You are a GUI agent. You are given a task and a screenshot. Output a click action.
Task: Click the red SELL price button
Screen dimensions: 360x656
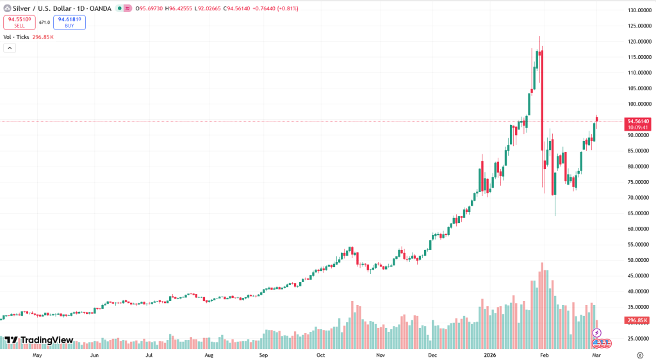[x=19, y=22]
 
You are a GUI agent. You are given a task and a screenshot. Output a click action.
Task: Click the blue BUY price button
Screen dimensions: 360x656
[x=69, y=22]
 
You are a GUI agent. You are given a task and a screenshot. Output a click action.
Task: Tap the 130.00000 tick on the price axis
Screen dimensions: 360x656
[x=639, y=11]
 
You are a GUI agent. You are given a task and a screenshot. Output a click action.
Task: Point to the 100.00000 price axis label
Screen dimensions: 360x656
[x=639, y=104]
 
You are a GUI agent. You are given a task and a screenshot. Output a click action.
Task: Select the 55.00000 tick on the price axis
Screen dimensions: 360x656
[x=639, y=245]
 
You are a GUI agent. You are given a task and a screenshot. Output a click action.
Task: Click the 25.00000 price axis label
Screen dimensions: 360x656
[x=639, y=338]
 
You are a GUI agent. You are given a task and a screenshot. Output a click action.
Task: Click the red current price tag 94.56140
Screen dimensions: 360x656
[x=639, y=121]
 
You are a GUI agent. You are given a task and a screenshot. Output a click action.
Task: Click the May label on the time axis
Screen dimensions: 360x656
[x=37, y=354]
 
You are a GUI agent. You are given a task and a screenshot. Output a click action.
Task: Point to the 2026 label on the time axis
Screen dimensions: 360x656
[x=491, y=354]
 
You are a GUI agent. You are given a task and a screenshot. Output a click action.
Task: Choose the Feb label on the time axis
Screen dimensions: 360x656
[x=545, y=354]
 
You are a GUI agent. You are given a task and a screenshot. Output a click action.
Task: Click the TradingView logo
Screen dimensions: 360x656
[x=39, y=340]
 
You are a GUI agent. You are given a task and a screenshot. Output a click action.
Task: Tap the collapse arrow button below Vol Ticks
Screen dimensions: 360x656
[x=10, y=48]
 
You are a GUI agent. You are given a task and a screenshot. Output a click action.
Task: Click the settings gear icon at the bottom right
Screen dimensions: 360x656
[x=640, y=354]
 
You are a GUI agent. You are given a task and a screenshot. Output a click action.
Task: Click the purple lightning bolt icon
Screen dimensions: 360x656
[x=596, y=333]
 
